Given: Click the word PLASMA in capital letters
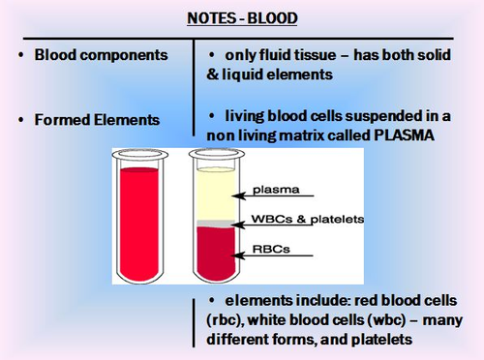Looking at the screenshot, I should click(396, 135).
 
